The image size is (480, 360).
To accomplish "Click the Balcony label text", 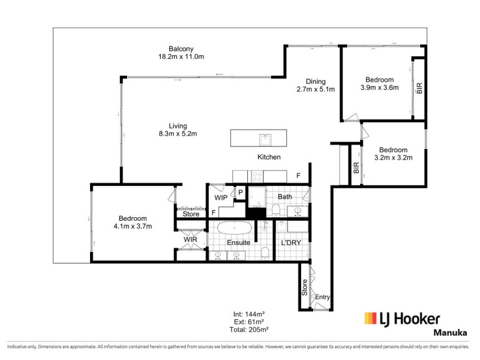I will pos(181,49).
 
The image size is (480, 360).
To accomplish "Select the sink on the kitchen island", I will pos(265,139).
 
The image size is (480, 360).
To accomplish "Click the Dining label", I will pos(315,82).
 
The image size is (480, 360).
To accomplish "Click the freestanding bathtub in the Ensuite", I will pos(234,229).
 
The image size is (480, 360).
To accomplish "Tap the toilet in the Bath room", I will pos(275,209).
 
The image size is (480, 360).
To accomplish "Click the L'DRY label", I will pos(290,242).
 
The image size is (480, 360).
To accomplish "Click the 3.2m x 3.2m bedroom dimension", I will pos(393,158).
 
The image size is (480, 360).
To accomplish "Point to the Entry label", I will pos(323,297).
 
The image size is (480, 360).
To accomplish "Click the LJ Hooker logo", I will pos(402,319).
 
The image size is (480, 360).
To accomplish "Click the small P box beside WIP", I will pos(240,192).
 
